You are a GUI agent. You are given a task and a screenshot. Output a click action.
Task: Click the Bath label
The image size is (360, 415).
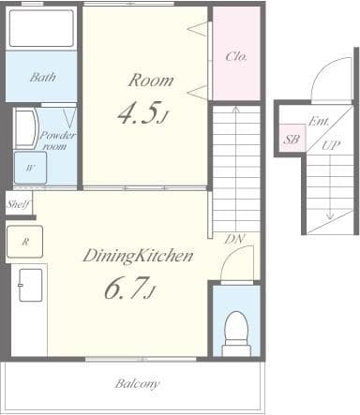pyautogui.click(x=40, y=77)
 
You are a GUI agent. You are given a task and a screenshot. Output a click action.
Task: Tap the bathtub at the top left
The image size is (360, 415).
pyautogui.click(x=40, y=29)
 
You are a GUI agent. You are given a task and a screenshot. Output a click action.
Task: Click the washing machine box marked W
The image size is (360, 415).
pyautogui.click(x=31, y=167)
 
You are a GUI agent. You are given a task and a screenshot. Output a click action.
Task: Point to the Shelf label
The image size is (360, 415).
pyautogui.click(x=18, y=203)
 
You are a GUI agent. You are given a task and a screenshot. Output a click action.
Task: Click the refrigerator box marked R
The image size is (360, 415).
pyautogui.click(x=25, y=241)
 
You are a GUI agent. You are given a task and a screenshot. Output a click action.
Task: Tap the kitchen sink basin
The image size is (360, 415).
pyautogui.click(x=31, y=284)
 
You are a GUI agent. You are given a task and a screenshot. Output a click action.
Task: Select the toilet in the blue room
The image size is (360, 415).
pyautogui.click(x=236, y=330)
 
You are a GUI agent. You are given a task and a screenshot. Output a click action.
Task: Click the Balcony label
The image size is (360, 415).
pyautogui.click(x=137, y=383)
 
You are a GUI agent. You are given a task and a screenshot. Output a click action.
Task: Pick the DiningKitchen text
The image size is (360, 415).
pyautogui.click(x=137, y=254)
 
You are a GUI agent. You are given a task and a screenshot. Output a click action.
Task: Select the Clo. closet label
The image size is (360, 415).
pyautogui.click(x=236, y=56)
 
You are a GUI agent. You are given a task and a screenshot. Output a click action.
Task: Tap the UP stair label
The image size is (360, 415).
pyautogui.click(x=331, y=146)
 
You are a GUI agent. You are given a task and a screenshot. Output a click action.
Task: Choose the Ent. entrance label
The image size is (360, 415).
pyautogui.click(x=319, y=121)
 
